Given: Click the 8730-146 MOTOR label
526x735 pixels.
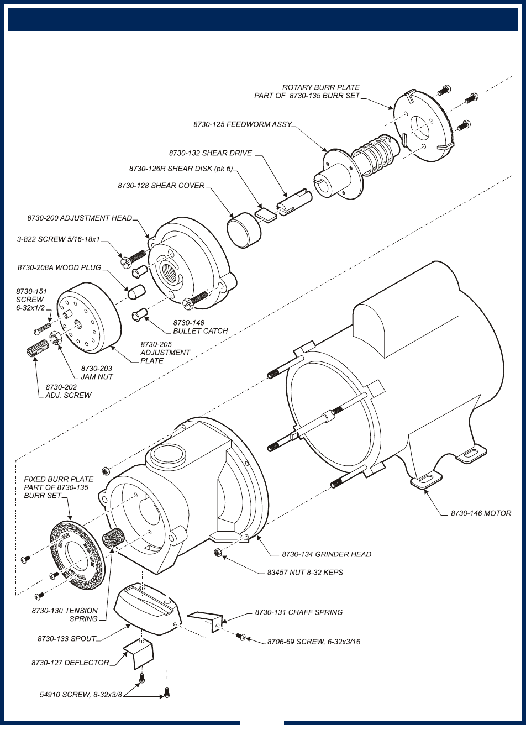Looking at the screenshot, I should (481, 513).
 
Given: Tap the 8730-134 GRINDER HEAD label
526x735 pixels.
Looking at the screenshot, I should (326, 554).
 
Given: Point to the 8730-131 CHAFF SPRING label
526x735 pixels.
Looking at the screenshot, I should (298, 612).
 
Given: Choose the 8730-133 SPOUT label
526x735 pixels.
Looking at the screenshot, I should (67, 639).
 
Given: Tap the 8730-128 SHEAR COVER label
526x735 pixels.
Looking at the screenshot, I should (161, 186).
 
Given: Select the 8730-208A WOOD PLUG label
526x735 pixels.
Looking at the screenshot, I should (59, 267).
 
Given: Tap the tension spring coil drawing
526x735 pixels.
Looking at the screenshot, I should (113, 537).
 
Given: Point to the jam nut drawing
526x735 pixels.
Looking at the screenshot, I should (55, 337).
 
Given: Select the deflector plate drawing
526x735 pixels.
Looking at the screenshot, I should (136, 654).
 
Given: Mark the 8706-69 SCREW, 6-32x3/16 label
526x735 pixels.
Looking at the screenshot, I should (313, 642).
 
